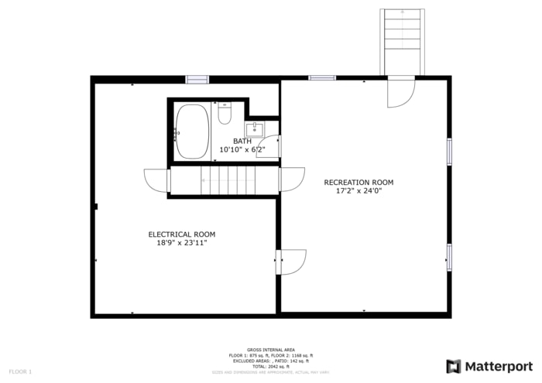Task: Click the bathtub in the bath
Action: pyautogui.click(x=192, y=132)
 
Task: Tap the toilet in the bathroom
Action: pyautogui.click(x=225, y=115)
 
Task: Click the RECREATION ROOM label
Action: pyautogui.click(x=358, y=183)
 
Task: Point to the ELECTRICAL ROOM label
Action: pyautogui.click(x=182, y=234)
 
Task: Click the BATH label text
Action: pyautogui.click(x=242, y=141)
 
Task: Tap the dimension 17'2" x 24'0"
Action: pyautogui.click(x=358, y=191)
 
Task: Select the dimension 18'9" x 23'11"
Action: pyautogui.click(x=182, y=243)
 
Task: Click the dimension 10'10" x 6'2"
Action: pyautogui.click(x=242, y=149)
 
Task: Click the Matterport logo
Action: pyautogui.click(x=489, y=366)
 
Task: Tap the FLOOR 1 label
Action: pyautogui.click(x=20, y=371)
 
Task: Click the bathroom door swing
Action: pyautogui.click(x=269, y=147)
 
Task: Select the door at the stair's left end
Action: pyautogui.click(x=157, y=181)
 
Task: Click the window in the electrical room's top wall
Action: pyautogui.click(x=197, y=79)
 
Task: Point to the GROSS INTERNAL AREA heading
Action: pyautogui.click(x=270, y=350)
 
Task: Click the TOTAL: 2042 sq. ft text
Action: pyautogui.click(x=270, y=366)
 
